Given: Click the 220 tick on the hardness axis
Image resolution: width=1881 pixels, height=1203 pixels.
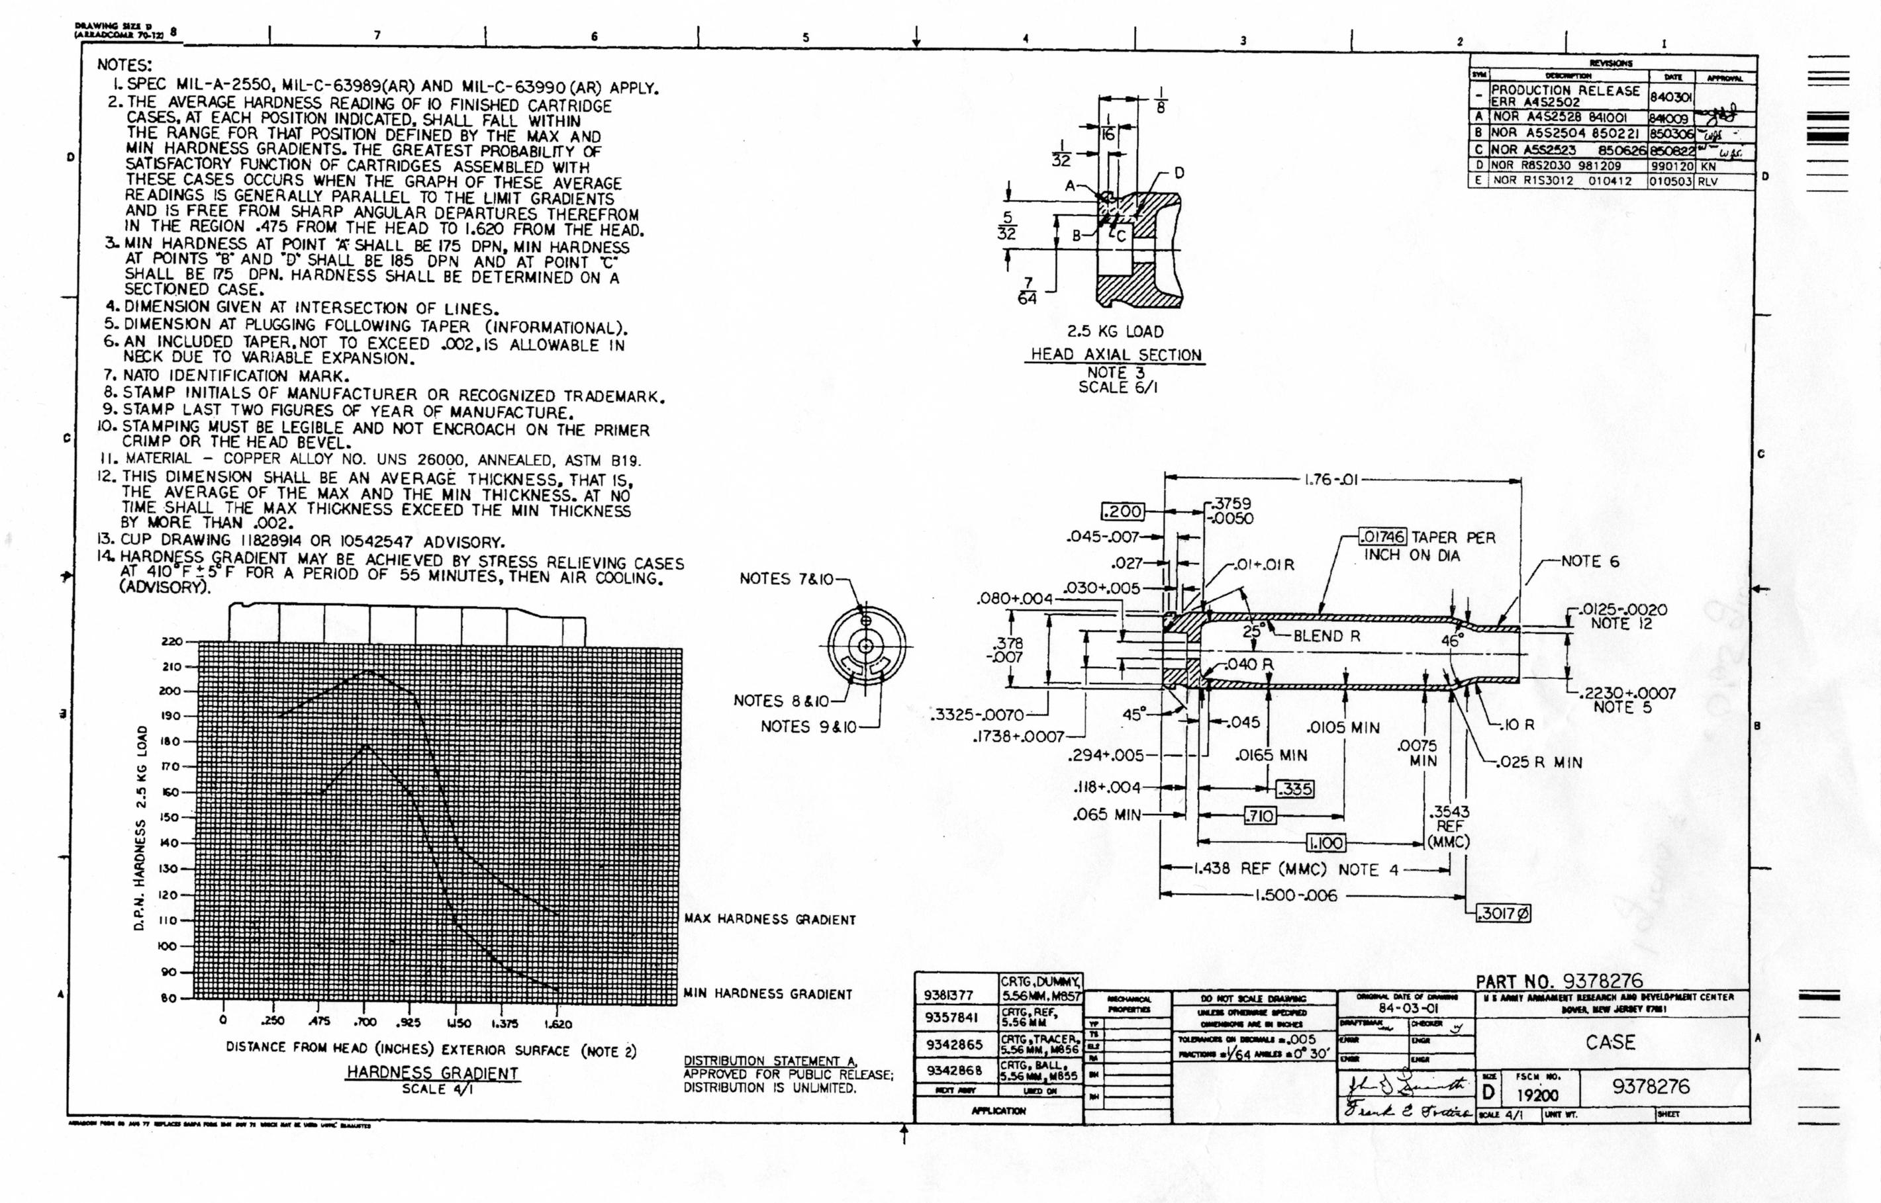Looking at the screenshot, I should (171, 642).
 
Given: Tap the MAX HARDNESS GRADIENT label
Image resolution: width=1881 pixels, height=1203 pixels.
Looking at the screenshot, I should (770, 919).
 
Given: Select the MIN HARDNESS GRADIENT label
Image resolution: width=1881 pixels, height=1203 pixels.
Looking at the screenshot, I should (767, 994).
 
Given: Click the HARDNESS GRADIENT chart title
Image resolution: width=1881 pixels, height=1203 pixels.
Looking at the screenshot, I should (432, 1073).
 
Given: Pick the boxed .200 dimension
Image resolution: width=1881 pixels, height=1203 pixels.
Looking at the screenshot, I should (1122, 512).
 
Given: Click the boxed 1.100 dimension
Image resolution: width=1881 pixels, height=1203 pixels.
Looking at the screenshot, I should (1326, 843).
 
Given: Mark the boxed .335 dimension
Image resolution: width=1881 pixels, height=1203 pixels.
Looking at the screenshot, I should (1294, 789).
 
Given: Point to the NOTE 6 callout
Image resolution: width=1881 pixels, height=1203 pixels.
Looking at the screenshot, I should (1590, 561).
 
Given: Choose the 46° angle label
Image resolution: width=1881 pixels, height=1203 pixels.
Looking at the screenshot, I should (1452, 641).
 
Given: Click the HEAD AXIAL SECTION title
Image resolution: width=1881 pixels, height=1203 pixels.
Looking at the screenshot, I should (1116, 355).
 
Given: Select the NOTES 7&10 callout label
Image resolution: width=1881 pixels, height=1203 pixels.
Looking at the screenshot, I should (786, 579).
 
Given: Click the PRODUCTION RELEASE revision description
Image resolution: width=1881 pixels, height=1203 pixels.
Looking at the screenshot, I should (1565, 91).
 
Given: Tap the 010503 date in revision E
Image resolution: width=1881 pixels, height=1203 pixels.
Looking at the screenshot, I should (1670, 181).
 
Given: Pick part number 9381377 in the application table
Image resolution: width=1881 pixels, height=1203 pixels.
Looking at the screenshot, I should (949, 995).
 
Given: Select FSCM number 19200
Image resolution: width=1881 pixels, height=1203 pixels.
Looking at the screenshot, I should (1537, 1095).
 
